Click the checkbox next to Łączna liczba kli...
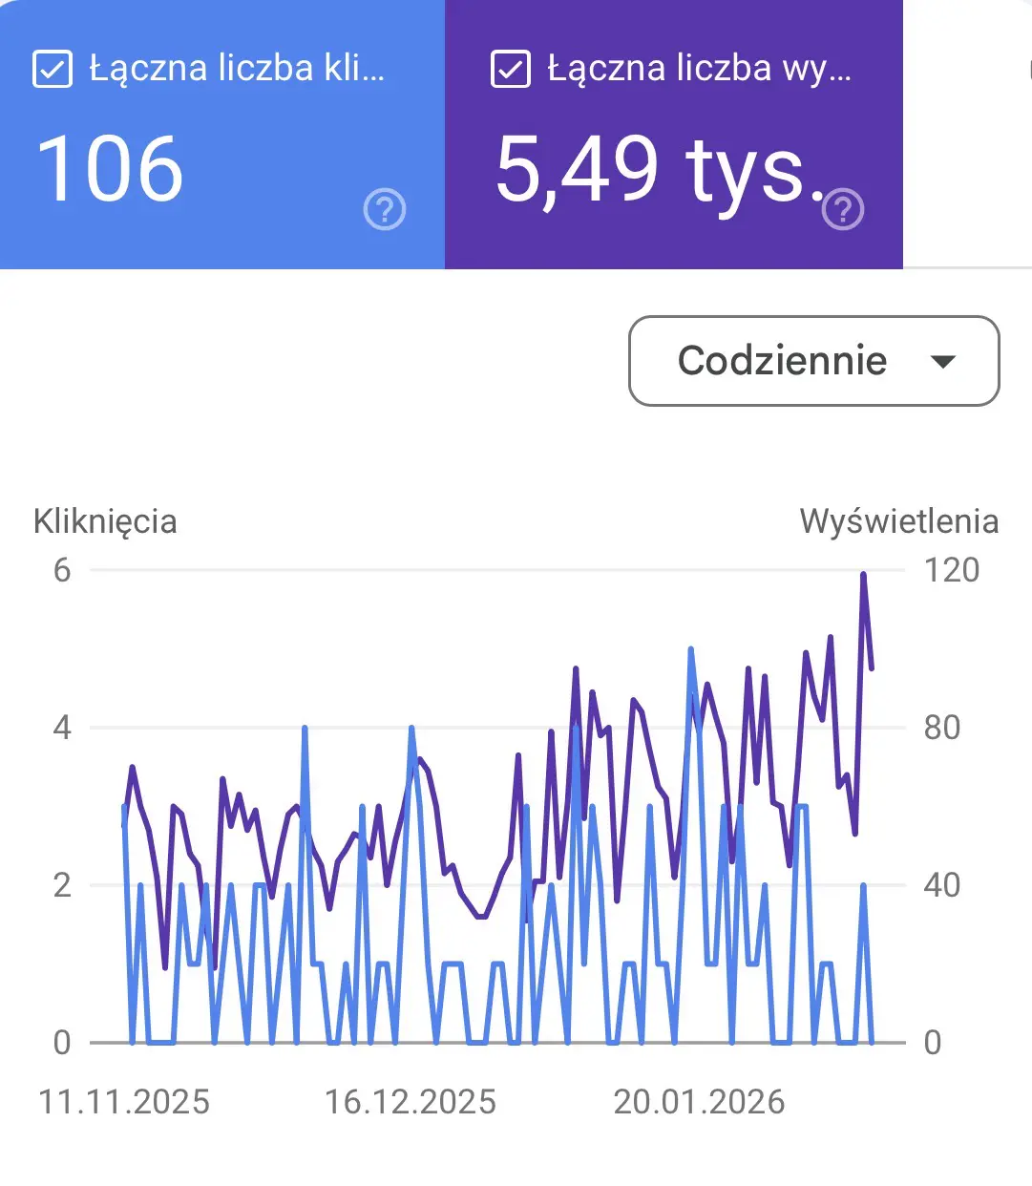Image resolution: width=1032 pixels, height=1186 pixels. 53,69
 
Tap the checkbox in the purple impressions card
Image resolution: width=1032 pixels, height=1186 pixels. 511,69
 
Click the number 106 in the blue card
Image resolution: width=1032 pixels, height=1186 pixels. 110,169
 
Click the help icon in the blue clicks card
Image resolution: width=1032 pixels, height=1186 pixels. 385,209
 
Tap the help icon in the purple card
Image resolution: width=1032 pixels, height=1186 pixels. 843,209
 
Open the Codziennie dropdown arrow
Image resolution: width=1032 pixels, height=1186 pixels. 943,361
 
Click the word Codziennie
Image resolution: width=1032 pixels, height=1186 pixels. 782,361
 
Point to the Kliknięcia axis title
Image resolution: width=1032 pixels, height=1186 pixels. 105,521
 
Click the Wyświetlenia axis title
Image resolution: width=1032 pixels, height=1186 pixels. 898,521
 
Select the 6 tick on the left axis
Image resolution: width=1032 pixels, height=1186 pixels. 62,570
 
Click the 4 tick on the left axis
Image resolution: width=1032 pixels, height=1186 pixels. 62,728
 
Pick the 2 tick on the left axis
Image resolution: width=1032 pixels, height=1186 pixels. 62,885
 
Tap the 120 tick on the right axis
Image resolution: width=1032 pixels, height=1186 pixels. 951,570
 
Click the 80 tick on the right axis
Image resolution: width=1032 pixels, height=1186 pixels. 941,728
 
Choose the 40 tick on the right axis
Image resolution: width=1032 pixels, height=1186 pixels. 941,885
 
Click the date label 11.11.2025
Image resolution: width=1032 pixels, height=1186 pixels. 124,1102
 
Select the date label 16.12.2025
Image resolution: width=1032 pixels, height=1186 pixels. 411,1102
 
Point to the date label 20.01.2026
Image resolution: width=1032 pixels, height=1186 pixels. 699,1102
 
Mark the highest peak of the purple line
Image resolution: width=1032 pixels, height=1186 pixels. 863,575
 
